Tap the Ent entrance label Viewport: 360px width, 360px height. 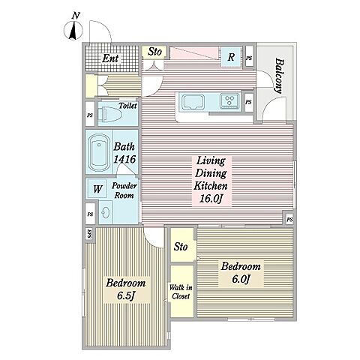point(110,58)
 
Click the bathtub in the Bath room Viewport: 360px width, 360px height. point(100,153)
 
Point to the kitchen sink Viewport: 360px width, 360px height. point(193,102)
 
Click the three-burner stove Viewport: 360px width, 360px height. point(229,100)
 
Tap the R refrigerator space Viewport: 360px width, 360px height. point(231,57)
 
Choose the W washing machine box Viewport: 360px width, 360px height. point(97,189)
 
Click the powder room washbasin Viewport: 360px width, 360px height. point(105,212)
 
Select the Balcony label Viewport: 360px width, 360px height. point(280,76)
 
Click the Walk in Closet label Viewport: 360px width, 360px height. point(181,292)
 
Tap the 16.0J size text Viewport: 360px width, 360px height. point(211,199)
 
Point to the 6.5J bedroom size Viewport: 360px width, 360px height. point(126,296)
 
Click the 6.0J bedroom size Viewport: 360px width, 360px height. point(241,279)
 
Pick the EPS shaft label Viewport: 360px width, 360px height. point(90,234)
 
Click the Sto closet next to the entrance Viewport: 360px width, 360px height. point(154,52)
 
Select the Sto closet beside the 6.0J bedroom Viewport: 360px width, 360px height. point(181,247)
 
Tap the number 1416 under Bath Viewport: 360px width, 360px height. point(124,159)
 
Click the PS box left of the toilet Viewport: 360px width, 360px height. point(90,115)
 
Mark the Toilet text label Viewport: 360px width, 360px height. point(127,106)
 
